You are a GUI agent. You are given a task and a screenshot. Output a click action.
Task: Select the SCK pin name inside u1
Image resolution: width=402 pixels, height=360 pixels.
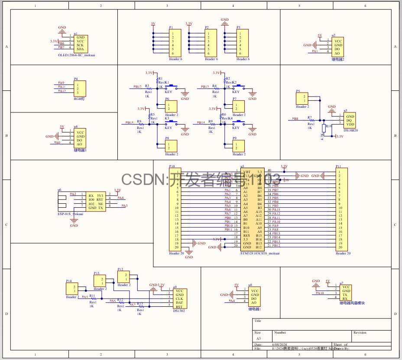(x=80, y=45)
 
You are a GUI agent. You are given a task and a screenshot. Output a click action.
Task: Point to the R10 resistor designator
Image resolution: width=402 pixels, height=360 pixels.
(x=329, y=126)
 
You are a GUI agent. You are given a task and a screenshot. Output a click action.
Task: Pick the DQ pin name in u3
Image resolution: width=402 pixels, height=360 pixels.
(x=349, y=120)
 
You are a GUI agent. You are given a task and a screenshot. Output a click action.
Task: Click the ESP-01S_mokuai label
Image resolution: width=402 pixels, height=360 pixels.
(x=71, y=214)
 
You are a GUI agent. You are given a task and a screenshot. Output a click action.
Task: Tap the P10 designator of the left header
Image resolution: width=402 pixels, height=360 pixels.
(x=172, y=166)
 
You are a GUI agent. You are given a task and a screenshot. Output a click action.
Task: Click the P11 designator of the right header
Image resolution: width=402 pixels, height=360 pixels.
(x=338, y=166)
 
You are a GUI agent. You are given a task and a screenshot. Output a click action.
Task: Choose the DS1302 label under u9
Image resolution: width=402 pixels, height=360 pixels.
(x=179, y=310)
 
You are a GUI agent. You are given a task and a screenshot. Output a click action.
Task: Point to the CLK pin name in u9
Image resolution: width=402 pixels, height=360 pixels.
(x=179, y=299)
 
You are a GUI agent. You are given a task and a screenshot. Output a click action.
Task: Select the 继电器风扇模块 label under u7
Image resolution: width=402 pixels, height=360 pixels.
(x=352, y=303)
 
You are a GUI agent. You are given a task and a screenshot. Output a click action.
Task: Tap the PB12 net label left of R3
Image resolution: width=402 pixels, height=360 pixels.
(x=137, y=87)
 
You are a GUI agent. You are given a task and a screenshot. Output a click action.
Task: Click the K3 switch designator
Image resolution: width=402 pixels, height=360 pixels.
(x=167, y=118)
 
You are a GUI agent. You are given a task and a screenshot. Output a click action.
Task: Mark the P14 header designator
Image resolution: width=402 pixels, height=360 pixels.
(x=69, y=281)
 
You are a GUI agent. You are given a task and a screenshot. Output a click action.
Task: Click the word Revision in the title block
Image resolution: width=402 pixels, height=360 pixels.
(x=360, y=333)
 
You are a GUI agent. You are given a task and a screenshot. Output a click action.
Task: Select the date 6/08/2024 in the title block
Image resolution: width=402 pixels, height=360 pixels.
(x=279, y=344)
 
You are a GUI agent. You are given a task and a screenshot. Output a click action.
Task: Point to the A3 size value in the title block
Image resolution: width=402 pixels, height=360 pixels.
(x=259, y=338)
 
